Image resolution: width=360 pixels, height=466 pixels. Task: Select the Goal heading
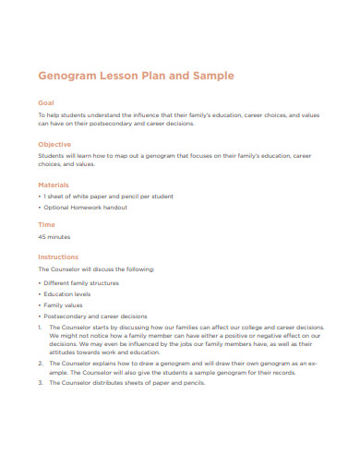tap(46, 103)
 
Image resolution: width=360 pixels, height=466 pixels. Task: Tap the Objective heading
tap(54, 144)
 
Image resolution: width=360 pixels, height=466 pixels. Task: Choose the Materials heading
tap(54, 185)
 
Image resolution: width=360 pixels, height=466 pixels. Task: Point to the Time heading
tap(46, 224)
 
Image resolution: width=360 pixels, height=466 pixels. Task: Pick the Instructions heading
tap(58, 257)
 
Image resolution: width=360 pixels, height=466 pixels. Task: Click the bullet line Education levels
tap(70, 293)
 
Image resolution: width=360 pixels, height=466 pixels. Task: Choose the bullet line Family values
tap(65, 304)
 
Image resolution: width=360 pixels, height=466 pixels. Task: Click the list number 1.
tap(40, 327)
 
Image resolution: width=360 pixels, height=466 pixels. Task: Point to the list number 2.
tap(40, 364)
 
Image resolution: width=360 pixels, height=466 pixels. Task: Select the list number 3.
tap(40, 382)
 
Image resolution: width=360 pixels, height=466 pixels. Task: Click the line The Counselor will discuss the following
tap(96, 269)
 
